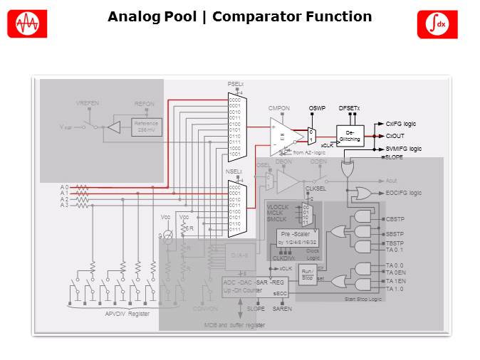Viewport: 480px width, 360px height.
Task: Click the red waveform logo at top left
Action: click(27, 24)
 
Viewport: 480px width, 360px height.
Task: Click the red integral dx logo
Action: click(432, 24)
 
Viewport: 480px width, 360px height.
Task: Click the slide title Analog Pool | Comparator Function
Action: click(239, 16)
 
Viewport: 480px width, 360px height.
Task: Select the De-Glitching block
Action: click(350, 135)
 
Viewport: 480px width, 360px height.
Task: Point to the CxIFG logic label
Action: click(401, 124)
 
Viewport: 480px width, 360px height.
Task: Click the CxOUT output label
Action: click(395, 136)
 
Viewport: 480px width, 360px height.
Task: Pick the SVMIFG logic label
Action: click(403, 149)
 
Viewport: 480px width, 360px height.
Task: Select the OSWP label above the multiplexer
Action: click(316, 108)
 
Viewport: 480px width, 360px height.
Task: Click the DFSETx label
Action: click(349, 108)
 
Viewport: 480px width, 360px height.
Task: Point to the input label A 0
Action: click(64, 187)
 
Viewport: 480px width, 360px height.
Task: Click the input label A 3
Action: click(64, 205)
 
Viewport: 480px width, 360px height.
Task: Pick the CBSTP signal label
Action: click(395, 219)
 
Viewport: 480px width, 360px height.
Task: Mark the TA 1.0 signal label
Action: click(395, 289)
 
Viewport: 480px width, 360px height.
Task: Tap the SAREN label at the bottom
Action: click(282, 309)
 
